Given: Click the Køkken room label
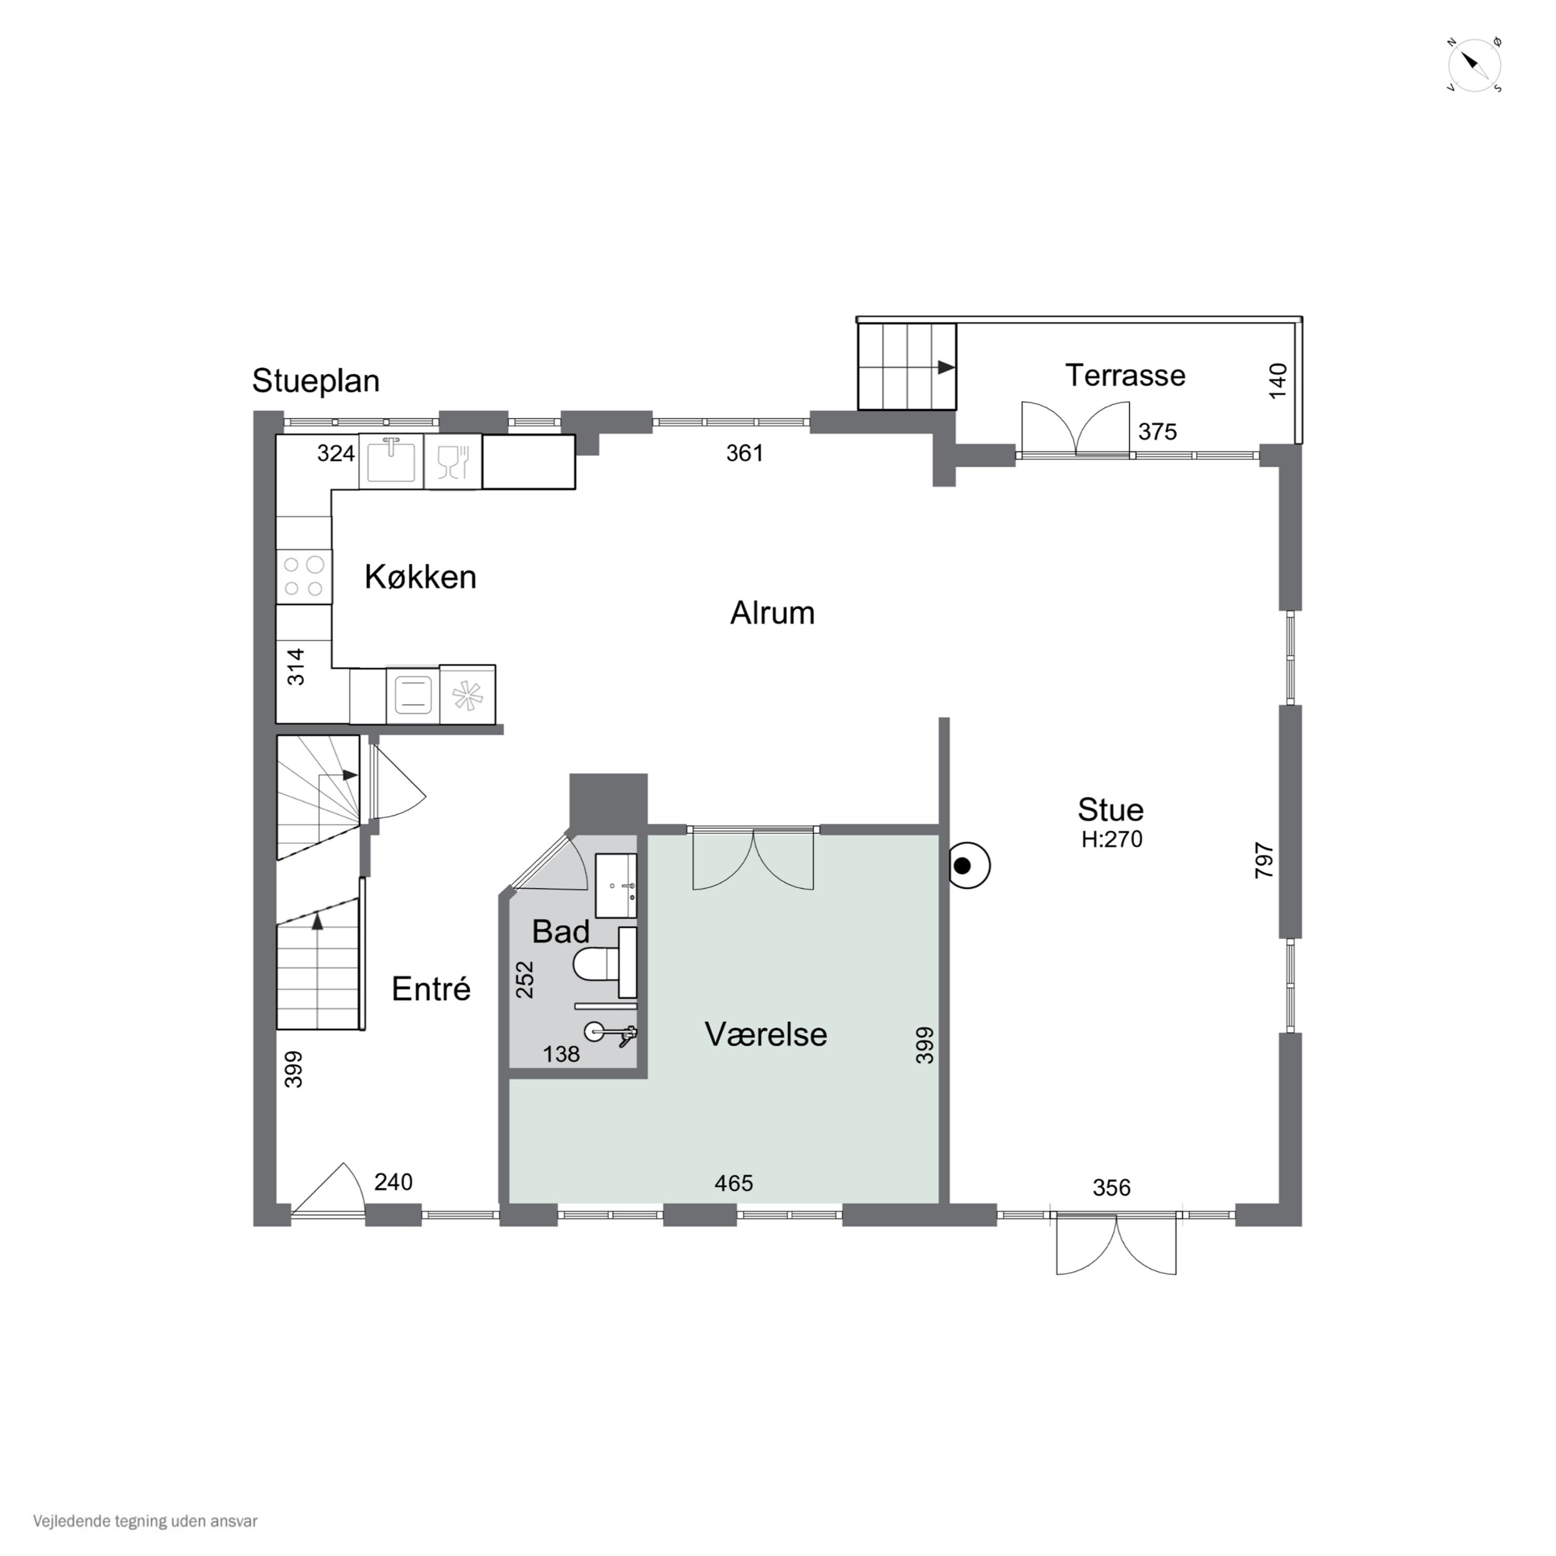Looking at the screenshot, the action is point(421,577).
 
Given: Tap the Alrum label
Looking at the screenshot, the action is point(772,613).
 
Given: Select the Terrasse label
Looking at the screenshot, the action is point(1125,376).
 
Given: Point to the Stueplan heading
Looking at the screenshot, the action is point(316,380).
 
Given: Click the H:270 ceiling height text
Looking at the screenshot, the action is point(1112,839).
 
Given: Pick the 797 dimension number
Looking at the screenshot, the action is point(1265,859).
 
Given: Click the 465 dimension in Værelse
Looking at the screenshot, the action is point(734,1183).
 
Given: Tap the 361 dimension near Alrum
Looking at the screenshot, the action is point(744,453).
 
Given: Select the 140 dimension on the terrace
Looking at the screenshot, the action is point(1278,380).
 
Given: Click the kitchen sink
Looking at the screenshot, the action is point(392,460).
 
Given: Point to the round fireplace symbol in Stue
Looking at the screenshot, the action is point(968,866).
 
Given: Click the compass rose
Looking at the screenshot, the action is point(1475,65).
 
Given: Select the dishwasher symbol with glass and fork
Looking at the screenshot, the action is point(453,462).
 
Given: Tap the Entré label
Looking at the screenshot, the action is point(431,989).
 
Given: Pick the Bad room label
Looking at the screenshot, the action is point(561,932).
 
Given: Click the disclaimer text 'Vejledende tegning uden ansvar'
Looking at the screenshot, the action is point(145,1521).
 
